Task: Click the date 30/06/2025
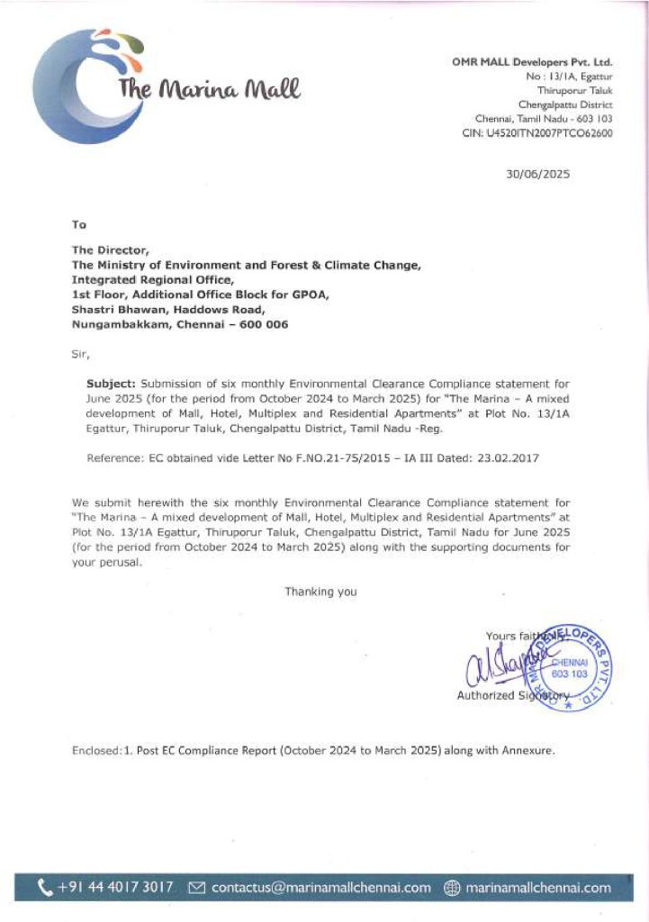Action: pyautogui.click(x=537, y=175)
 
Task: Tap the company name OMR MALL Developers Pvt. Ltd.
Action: pyautogui.click(x=532, y=62)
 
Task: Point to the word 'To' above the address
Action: pyautogui.click(x=79, y=224)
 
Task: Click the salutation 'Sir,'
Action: pyautogui.click(x=80, y=355)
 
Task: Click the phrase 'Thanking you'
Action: pyautogui.click(x=320, y=592)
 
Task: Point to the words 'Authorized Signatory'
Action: pyautogui.click(x=511, y=695)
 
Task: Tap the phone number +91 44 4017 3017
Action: pyautogui.click(x=115, y=888)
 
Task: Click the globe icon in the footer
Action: pyautogui.click(x=452, y=889)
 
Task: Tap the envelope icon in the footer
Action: pyautogui.click(x=197, y=889)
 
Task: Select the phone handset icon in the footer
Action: pyautogui.click(x=46, y=889)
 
